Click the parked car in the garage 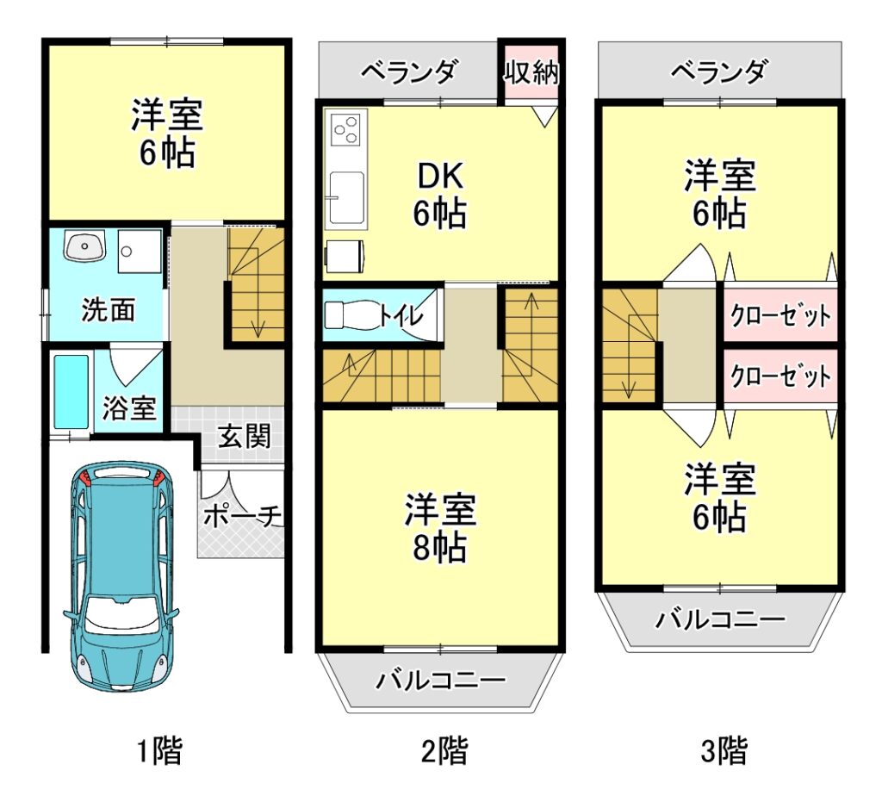click(x=121, y=575)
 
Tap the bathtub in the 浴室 click(x=71, y=391)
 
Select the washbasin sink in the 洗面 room click(x=85, y=245)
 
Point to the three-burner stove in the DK click(x=345, y=129)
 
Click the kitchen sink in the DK click(x=346, y=197)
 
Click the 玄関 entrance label click(x=244, y=436)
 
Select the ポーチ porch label click(x=242, y=516)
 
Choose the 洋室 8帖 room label click(x=440, y=527)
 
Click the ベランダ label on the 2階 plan click(x=408, y=72)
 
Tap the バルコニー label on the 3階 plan click(x=721, y=619)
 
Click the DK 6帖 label click(x=440, y=194)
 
